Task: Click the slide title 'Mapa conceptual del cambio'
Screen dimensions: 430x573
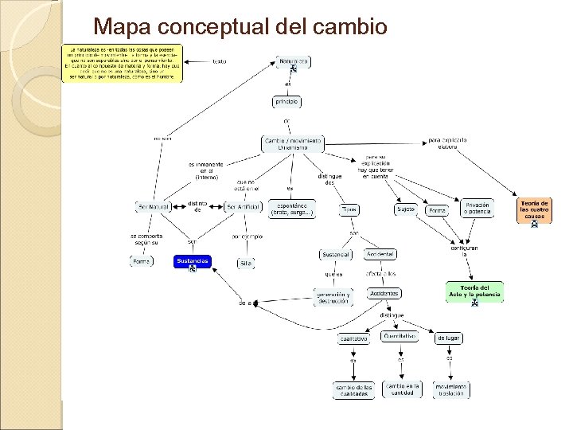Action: pos(240,27)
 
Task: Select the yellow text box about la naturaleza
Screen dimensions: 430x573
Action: pos(123,63)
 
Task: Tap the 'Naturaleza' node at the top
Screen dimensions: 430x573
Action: pos(294,61)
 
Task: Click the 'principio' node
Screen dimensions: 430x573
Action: pos(286,102)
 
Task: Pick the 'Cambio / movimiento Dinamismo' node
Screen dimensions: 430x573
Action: pos(293,143)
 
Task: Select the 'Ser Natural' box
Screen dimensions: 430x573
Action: pos(152,208)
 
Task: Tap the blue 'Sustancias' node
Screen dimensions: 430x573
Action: pos(193,261)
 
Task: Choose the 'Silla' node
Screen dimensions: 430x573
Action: pos(245,262)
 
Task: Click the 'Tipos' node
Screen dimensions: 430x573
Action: pos(349,209)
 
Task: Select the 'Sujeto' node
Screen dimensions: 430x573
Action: pos(406,209)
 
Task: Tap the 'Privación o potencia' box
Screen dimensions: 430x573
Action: pos(477,208)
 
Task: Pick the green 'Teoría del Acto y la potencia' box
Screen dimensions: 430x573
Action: pos(474,291)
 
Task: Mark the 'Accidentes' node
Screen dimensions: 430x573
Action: pos(384,293)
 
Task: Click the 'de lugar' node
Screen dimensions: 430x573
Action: pos(448,338)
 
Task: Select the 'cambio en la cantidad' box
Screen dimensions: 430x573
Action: pos(402,389)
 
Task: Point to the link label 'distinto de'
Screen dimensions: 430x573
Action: pos(197,206)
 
